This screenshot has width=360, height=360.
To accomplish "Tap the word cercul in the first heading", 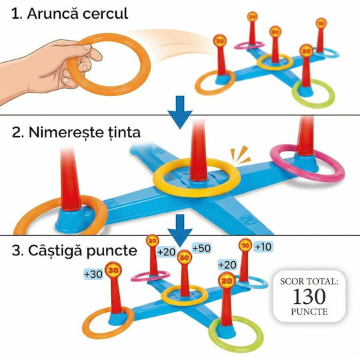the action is click(x=105, y=14).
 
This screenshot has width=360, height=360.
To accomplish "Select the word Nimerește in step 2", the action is click(x=65, y=133).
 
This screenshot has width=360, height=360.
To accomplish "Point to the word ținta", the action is click(x=124, y=133).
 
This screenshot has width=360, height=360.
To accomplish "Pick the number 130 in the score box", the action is click(x=309, y=297).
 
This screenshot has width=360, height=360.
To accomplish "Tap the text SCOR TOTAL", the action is click(x=309, y=281).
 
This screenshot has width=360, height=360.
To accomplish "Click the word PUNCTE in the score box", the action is click(x=309, y=312).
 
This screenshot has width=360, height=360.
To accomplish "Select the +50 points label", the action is click(x=201, y=248).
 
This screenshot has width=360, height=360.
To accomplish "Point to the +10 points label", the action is click(x=263, y=247).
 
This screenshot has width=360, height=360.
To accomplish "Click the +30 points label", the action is click(x=93, y=274).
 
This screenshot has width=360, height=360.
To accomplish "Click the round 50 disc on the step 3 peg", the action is click(x=185, y=257).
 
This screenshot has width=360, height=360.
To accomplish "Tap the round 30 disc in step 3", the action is click(x=113, y=270).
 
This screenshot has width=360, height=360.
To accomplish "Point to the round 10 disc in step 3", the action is click(x=245, y=245).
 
